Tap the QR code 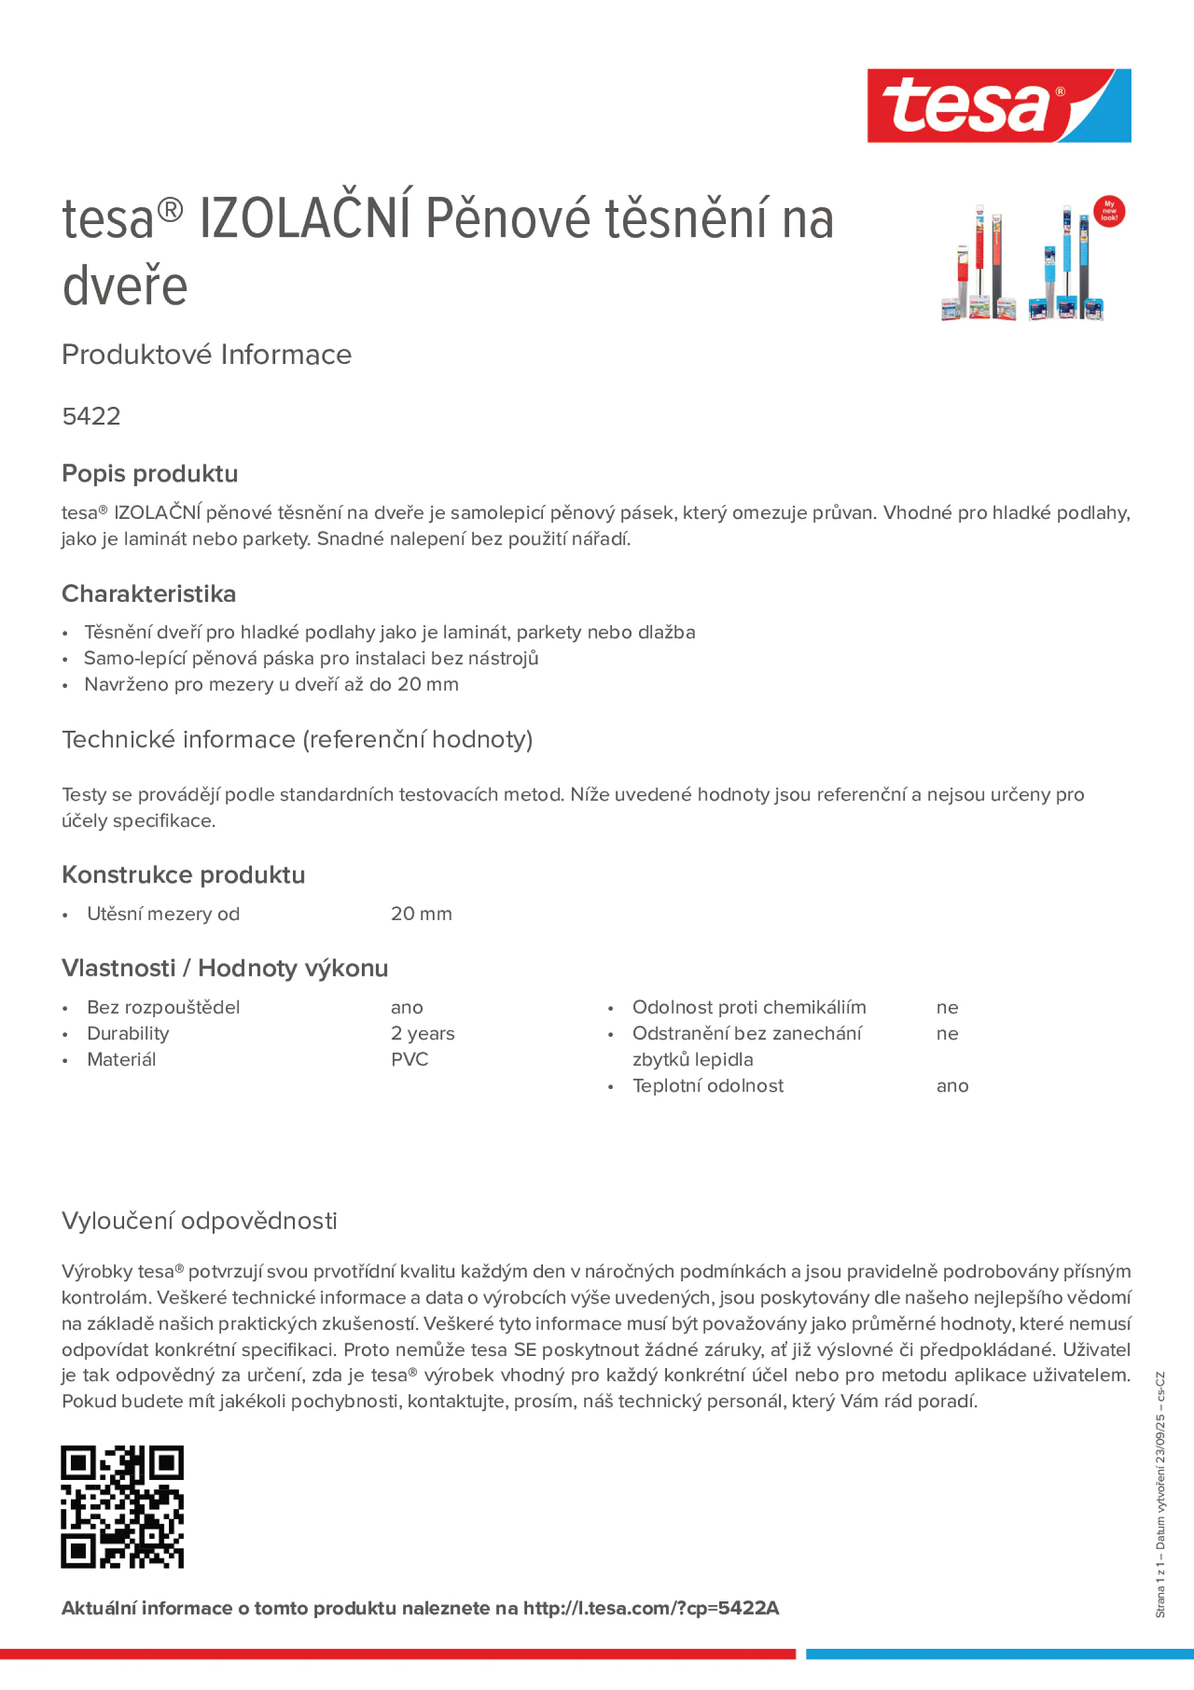[x=122, y=1507]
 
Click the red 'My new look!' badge [x=1109, y=211]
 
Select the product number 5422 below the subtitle [x=91, y=416]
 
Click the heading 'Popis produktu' [x=150, y=474]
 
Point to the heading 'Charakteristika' [x=149, y=594]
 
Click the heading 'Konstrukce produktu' [x=183, y=875]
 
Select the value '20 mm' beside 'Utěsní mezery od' [x=421, y=914]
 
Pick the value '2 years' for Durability [x=423, y=1033]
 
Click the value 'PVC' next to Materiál [x=409, y=1060]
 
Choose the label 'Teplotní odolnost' [x=707, y=1086]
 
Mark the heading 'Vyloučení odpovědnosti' [x=199, y=1221]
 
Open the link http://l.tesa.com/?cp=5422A [x=650, y=1608]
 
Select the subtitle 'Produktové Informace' [x=207, y=355]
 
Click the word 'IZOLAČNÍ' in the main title [x=304, y=219]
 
